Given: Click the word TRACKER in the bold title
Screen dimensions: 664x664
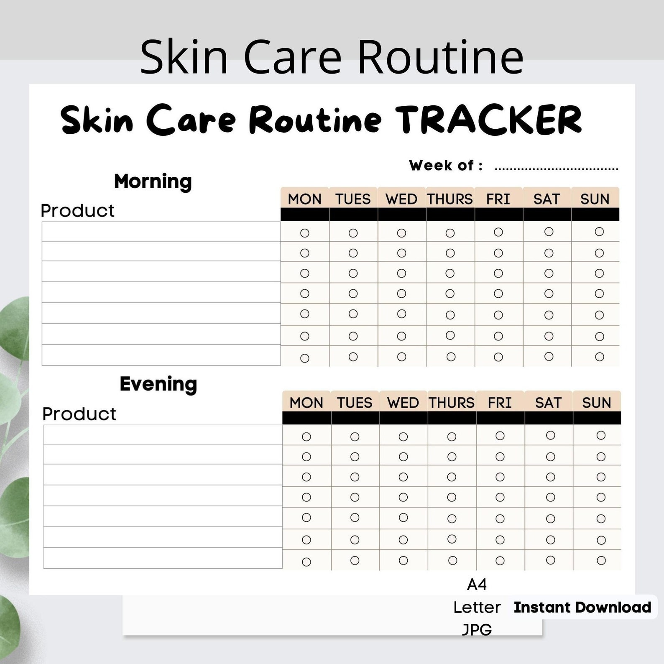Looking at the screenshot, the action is [488, 120].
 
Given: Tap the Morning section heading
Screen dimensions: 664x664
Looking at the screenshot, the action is [153, 182].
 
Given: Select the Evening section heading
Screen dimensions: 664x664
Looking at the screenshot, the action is [158, 384].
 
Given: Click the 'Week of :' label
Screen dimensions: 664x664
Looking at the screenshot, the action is [446, 165].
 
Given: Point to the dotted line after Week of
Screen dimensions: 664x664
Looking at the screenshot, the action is [557, 169].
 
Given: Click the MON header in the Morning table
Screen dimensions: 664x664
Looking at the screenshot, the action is [305, 199].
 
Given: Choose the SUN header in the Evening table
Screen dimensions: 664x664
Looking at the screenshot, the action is [597, 402].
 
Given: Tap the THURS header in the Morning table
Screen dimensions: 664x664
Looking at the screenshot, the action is [450, 199].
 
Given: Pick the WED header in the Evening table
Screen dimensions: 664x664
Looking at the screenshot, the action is [403, 402].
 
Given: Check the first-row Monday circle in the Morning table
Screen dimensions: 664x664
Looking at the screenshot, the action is [305, 233].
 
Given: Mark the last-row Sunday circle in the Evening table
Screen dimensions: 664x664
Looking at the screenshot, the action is [601, 560].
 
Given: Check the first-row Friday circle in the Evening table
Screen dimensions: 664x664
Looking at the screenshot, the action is [500, 436].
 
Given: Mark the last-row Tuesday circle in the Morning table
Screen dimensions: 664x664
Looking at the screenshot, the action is [353, 357].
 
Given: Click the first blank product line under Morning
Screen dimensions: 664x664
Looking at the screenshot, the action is [161, 232].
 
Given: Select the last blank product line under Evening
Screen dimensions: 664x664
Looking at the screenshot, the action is [163, 558].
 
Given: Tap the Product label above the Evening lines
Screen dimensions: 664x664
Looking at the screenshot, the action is [79, 414].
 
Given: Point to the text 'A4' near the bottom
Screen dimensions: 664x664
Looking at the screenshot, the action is [477, 584].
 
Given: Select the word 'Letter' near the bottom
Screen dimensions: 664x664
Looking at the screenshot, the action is [477, 607].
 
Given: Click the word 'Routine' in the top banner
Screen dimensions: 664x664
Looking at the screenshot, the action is [440, 56].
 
